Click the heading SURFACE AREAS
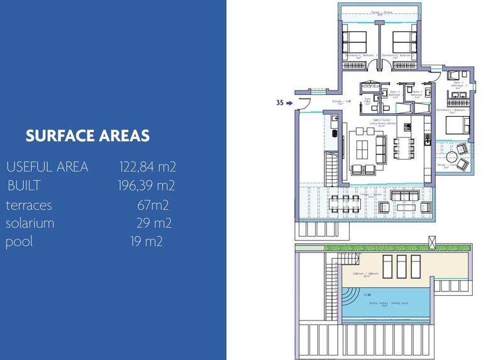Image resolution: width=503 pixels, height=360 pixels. point(87,136)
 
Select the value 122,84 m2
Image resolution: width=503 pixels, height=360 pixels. point(147,167)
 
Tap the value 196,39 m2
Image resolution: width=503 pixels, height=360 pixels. point(146,186)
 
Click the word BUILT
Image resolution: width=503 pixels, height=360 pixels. point(25,186)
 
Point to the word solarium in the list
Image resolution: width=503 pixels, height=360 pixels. point(30,223)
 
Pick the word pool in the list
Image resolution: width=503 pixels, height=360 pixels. point(19,242)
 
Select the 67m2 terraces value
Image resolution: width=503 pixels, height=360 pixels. point(153,205)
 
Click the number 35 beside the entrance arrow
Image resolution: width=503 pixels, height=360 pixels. point(280,102)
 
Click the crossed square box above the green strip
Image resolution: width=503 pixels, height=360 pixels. point(431,239)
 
